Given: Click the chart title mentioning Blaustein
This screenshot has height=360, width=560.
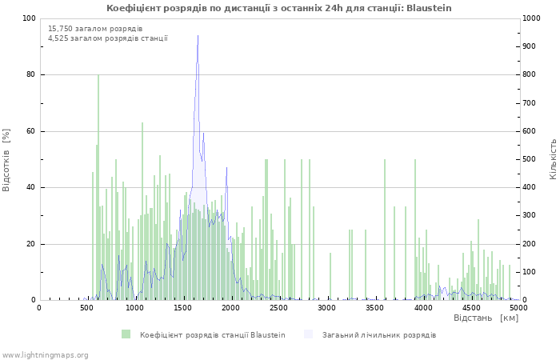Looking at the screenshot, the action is click(x=279, y=8).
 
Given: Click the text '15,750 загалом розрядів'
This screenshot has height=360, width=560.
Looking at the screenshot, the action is click(x=95, y=29).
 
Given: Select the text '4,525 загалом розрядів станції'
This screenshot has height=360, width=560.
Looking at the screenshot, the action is click(x=108, y=38).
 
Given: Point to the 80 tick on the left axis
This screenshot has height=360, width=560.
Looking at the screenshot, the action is click(x=30, y=74).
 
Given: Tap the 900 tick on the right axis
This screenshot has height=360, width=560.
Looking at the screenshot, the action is click(x=530, y=46).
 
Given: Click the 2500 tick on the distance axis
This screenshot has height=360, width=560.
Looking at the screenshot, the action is click(x=278, y=308).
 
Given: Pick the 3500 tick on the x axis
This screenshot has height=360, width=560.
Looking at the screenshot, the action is click(x=374, y=308).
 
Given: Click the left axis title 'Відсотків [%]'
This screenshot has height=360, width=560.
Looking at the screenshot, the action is click(x=6, y=160).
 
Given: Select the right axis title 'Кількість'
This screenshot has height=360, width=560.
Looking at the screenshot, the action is click(x=553, y=159).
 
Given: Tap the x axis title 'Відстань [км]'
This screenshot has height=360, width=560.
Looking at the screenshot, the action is click(x=486, y=318).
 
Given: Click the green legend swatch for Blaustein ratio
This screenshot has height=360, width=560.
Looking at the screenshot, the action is click(x=126, y=334).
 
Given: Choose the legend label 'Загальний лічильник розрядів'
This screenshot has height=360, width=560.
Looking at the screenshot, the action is click(x=379, y=335).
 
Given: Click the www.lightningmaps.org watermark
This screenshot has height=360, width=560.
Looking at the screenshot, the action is click(x=44, y=355).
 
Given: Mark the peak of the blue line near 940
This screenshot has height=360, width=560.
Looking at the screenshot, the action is click(x=198, y=35).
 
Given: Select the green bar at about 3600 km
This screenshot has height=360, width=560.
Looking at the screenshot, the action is click(x=385, y=230).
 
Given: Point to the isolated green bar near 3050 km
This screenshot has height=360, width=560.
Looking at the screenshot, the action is click(x=330, y=277).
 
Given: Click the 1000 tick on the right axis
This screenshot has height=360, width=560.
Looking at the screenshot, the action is click(x=531, y=18).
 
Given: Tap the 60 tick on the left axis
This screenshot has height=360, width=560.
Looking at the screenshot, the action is click(x=30, y=131).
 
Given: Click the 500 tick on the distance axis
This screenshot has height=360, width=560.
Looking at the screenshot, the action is click(x=86, y=308).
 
